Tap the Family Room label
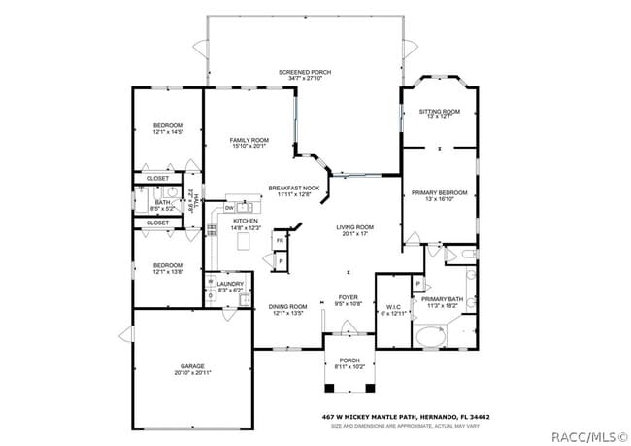click(248, 141)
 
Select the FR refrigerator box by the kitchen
click(280, 240)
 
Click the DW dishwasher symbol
click(229, 207)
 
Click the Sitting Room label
click(438, 112)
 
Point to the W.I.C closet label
click(393, 306)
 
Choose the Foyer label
click(348, 297)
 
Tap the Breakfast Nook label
click(294, 188)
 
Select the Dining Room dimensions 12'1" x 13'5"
click(287, 314)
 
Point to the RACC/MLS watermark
click(589, 436)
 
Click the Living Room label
click(354, 227)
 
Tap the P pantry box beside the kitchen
click(281, 261)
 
